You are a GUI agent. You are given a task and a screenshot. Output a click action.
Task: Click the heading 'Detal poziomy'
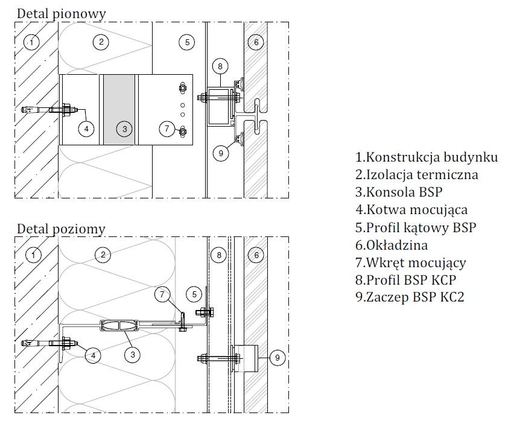point(60,229)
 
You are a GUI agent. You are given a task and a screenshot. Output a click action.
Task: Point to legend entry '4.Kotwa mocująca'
point(411,210)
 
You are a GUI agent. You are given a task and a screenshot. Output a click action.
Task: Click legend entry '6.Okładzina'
point(391,245)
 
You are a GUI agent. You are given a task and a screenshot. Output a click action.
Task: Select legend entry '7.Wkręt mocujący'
point(410,262)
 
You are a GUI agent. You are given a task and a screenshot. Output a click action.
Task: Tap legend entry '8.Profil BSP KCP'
point(405,280)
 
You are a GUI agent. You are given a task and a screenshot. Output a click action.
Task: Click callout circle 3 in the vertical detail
point(124,128)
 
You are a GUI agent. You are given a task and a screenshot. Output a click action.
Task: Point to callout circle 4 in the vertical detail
point(87,128)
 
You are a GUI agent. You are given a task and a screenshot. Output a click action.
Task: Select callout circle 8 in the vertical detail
point(220,66)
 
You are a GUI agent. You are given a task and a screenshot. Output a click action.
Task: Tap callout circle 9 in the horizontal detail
point(277,358)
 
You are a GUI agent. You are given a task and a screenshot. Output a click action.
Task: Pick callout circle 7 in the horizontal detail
point(162,294)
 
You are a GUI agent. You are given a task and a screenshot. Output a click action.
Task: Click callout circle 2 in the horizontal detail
point(103,255)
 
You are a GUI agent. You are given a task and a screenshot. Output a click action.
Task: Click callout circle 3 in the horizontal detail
point(133,355)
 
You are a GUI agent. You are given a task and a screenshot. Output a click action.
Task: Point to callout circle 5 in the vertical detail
point(187,42)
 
